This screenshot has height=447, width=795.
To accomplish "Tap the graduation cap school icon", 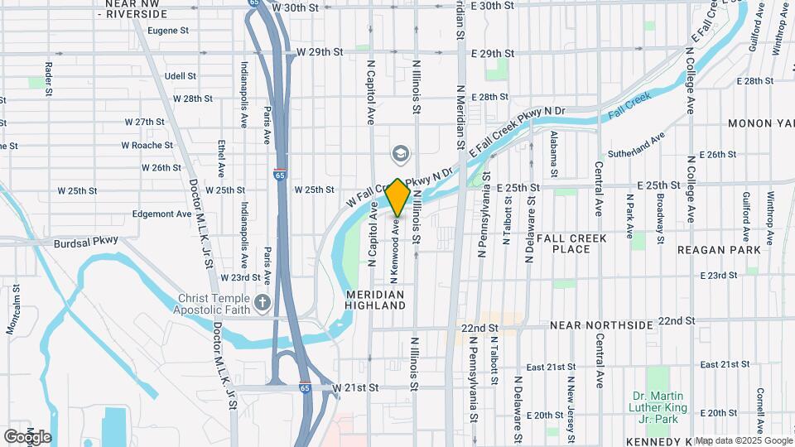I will point(400,154).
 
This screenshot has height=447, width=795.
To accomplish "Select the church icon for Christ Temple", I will point(263,303).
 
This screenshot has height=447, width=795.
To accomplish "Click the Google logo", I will point(27,436).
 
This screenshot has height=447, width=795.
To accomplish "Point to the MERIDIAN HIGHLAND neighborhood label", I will point(376,300).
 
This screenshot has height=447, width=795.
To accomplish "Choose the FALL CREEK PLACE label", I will point(571,243).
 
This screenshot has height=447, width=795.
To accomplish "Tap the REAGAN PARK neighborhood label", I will point(718,249).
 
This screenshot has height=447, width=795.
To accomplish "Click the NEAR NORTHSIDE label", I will point(601,325).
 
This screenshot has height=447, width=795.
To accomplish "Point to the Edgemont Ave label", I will point(162,214).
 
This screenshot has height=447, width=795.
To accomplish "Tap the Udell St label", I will point(181,76).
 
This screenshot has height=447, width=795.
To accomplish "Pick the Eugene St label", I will point(168,31).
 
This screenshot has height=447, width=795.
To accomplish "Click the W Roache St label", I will point(147,145).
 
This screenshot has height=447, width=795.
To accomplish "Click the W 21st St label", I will point(355,387).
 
